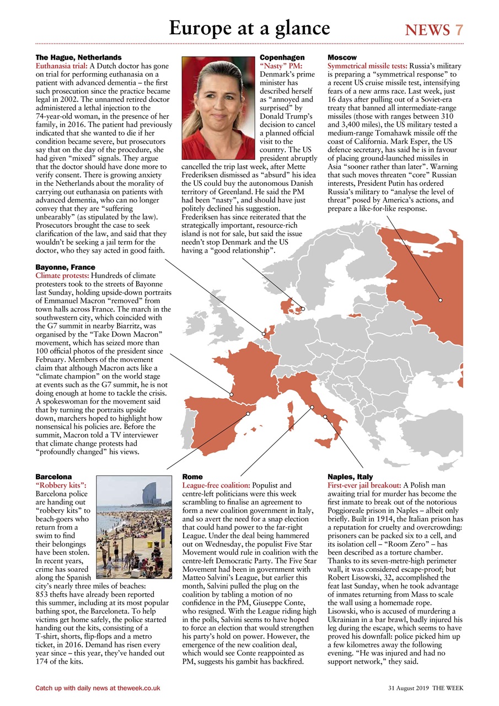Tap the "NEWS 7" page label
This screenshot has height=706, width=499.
(434, 30)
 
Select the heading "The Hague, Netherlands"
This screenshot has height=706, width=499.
(78, 57)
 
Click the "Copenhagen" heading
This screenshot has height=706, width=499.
(282, 57)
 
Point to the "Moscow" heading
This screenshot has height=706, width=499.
(342, 57)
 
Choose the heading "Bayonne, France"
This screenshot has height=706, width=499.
(65, 267)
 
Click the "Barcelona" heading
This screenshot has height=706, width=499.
(53, 476)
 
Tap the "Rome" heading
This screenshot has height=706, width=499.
(192, 476)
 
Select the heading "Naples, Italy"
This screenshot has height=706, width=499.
(350, 476)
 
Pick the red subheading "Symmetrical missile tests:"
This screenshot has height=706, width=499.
(367, 66)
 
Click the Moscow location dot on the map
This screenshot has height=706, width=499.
(441, 300)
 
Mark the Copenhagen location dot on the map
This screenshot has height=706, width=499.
(303, 309)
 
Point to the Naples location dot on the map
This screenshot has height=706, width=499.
(325, 417)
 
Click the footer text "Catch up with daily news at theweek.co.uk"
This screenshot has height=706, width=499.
(98, 688)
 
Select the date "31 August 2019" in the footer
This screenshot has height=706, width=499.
(407, 688)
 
